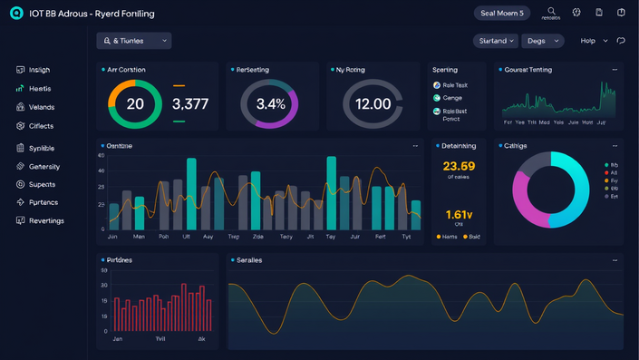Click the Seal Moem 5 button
[502, 13]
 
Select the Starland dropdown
[496, 41]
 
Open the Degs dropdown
[542, 41]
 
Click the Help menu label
[588, 41]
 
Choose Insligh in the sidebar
[40, 70]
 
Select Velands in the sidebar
[41, 107]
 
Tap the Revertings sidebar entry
[46, 220]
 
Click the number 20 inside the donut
[135, 104]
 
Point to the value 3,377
[190, 104]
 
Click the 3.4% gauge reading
[271, 104]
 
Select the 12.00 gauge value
[373, 104]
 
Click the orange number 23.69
[459, 166]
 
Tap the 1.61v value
[459, 214]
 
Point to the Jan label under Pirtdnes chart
[117, 338]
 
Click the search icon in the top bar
[551, 11]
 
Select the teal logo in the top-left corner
[16, 14]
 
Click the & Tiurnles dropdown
[134, 41]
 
